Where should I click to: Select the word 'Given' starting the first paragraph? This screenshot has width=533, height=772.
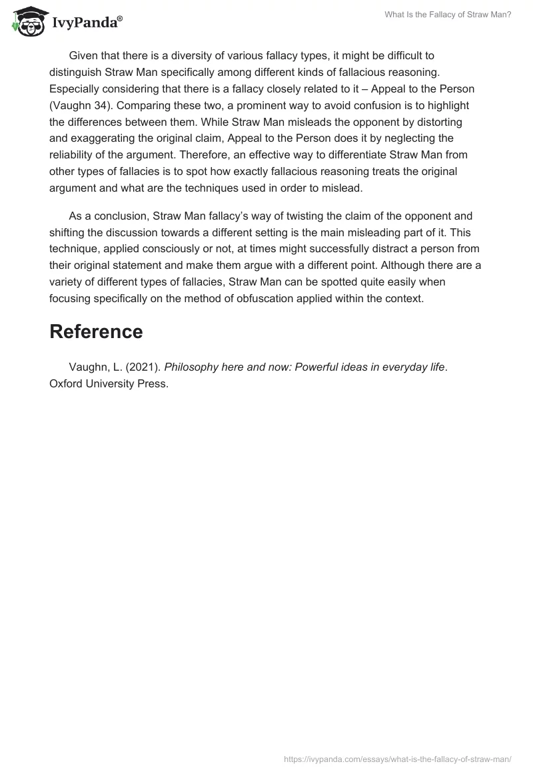[83, 55]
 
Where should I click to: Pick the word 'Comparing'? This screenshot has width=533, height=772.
[139, 106]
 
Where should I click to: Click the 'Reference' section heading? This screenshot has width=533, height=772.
[96, 331]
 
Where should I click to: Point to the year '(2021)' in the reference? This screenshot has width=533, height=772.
[143, 367]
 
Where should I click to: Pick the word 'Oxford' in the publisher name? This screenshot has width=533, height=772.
[67, 383]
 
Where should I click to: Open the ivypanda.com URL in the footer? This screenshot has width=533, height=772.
[398, 758]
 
